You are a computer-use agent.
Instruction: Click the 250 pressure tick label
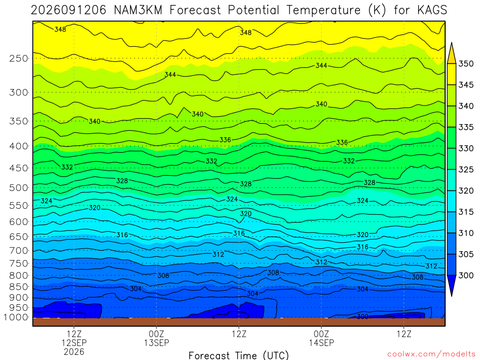pyautogui.click(x=19, y=58)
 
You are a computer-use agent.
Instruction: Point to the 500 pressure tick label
pyautogui.click(x=19, y=187)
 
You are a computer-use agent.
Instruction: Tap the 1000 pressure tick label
pyautogui.click(x=16, y=317)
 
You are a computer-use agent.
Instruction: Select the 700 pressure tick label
pyautogui.click(x=19, y=251)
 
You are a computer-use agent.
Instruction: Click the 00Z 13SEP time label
pyautogui.click(x=157, y=338)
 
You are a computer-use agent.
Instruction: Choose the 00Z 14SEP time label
pyautogui.click(x=322, y=338)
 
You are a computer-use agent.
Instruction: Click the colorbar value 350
pyautogui.click(x=466, y=64)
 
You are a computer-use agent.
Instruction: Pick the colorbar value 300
pyautogui.click(x=466, y=275)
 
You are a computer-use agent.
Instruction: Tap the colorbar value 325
pyautogui.click(x=466, y=170)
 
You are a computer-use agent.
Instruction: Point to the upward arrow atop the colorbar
pyautogui.click(x=451, y=52)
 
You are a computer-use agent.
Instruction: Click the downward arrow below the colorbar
pyautogui.click(x=451, y=285)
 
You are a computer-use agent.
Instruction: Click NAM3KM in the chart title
pyautogui.click(x=138, y=10)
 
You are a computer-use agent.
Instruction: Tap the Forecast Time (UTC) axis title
pyautogui.click(x=239, y=355)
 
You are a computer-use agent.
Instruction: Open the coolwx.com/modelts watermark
pyautogui.click(x=431, y=354)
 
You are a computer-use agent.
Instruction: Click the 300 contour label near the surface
pyautogui.click(x=362, y=316)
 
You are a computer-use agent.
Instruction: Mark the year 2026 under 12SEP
pyautogui.click(x=74, y=352)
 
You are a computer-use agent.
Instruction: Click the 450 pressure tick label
pyautogui.click(x=19, y=168)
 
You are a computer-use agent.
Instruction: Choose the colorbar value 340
pyautogui.click(x=466, y=106)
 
